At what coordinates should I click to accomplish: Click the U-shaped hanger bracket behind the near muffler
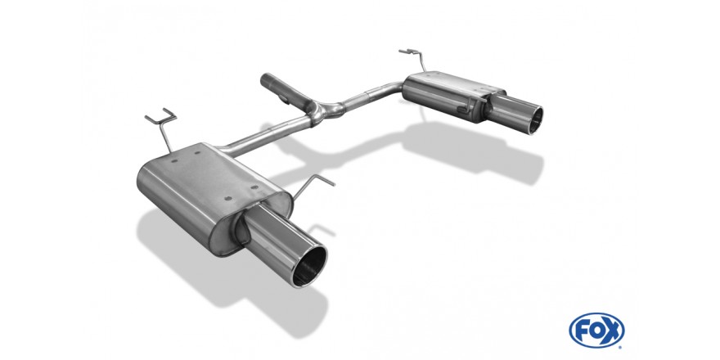162,125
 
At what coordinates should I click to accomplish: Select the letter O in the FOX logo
597,331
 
